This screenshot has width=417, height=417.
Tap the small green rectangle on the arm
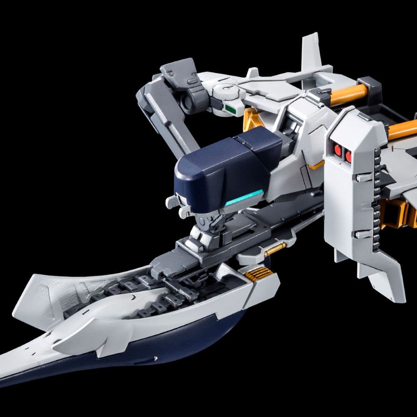coord(229,109)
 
